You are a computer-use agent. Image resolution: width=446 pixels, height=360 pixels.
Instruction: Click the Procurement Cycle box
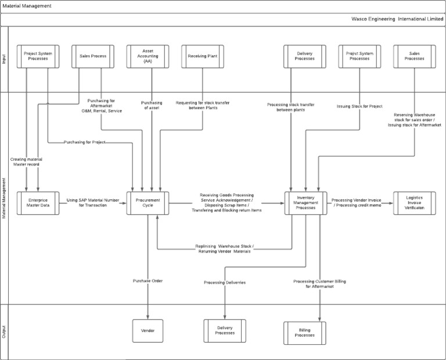148,203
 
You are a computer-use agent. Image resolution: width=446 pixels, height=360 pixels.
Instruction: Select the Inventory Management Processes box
305,203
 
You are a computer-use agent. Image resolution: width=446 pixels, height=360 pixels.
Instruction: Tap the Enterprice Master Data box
38,203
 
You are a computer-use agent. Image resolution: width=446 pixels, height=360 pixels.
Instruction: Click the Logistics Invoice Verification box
415,203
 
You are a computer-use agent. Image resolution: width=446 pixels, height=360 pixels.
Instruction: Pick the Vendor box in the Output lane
148,330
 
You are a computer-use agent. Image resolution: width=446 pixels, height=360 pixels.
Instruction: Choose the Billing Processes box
305,332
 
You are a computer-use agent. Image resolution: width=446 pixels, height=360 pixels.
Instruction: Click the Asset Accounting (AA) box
148,56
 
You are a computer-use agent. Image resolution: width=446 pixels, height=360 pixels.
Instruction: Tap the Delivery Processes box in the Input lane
305,56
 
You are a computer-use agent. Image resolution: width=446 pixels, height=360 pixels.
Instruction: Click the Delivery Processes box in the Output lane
225,330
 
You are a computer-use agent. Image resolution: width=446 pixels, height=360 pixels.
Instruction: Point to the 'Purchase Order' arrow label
148,281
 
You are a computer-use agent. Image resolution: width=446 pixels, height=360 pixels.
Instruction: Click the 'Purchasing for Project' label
85,142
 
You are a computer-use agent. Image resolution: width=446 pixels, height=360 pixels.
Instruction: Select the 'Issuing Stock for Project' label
359,106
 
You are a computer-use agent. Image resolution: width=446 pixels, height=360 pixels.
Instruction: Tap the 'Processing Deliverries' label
225,282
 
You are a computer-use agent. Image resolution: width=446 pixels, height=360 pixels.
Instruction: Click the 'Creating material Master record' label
27,161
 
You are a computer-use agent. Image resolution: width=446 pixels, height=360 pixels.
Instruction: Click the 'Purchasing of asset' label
152,105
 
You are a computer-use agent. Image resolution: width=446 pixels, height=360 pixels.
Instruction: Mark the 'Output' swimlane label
5,331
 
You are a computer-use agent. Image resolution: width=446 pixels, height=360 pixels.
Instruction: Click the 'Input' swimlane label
5,58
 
